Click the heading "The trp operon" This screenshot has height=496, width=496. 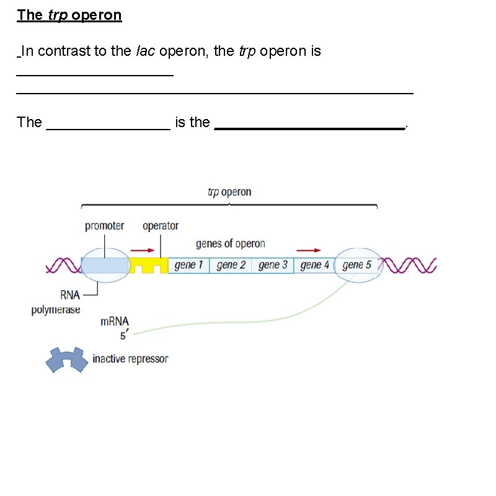coord(69,15)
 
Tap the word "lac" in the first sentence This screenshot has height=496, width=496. coord(142,51)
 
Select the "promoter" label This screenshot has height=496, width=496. coord(104,226)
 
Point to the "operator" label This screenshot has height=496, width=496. coord(160,226)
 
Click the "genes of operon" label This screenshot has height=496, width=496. coord(230,244)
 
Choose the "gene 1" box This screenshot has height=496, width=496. coord(189,265)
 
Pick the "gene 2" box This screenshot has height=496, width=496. coord(231,265)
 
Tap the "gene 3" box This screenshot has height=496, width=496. coord(273,265)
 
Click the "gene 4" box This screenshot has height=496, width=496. coord(314,265)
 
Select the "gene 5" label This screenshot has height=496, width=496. coord(356,265)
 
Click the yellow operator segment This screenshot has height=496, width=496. coord(148,266)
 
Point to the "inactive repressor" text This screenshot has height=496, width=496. coord(130,359)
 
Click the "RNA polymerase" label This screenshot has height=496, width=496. coord(56,303)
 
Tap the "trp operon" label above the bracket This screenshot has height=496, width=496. coord(229,193)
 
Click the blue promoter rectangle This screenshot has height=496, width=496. coord(105,266)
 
